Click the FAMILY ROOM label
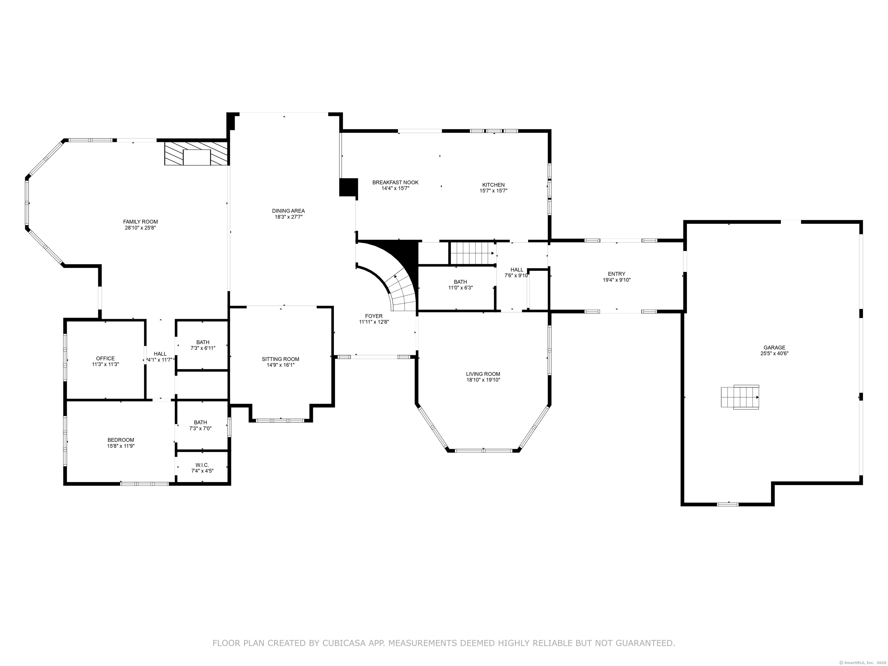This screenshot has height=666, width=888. point(140,222)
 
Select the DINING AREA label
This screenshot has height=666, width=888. point(288,211)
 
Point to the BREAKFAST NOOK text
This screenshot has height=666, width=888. point(395,182)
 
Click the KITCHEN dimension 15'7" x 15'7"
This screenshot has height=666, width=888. point(493,191)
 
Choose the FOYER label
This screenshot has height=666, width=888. point(374,316)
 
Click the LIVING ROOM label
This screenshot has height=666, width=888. point(483,374)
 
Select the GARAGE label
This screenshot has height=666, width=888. point(774,348)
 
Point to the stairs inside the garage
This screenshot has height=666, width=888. point(740,397)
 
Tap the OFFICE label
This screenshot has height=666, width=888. point(105,358)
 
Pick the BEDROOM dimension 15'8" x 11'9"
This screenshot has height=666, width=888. point(121,446)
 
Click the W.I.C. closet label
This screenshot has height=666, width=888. point(202,465)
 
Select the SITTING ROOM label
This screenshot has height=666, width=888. point(280,359)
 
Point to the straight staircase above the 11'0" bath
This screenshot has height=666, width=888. point(472,253)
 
